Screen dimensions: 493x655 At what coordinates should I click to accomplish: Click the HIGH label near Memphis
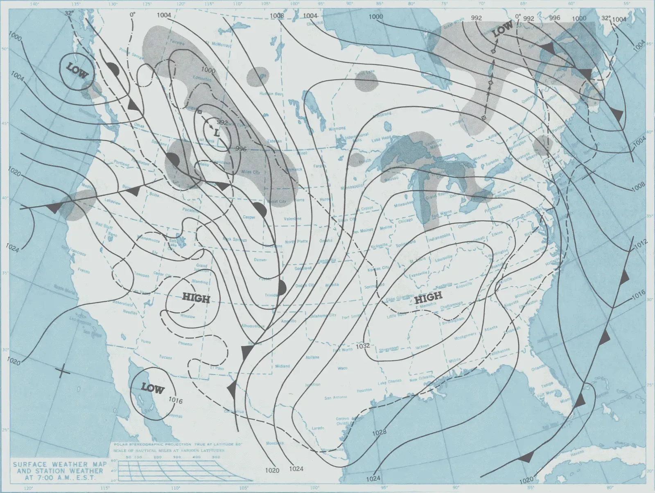tap(428, 298)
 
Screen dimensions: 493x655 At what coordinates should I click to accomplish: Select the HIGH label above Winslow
tap(196, 299)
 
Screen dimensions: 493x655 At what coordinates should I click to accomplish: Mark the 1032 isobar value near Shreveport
tap(363, 346)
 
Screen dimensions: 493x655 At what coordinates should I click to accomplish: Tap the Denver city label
tap(260, 260)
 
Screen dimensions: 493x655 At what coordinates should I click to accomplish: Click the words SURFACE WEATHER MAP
tap(60, 464)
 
